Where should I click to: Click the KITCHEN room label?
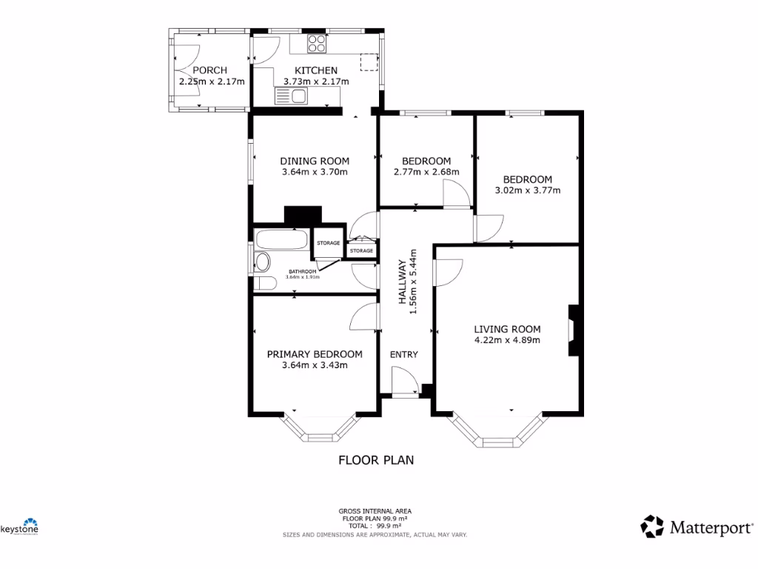click(x=311, y=70)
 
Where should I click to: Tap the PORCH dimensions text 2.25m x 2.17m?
click(x=211, y=82)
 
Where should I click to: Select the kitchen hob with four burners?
click(x=318, y=44)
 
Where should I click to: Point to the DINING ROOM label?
click(x=314, y=161)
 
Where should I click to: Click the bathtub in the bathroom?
click(x=281, y=240)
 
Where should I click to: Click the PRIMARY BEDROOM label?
click(x=315, y=354)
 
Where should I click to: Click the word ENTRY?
click(x=404, y=354)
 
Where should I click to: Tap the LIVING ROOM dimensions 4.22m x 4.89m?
click(x=507, y=341)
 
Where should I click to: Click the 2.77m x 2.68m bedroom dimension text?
click(x=426, y=172)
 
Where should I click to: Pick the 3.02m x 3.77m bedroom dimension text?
click(x=527, y=190)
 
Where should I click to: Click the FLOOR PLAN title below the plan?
click(x=376, y=460)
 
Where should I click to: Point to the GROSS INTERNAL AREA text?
click(x=375, y=510)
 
